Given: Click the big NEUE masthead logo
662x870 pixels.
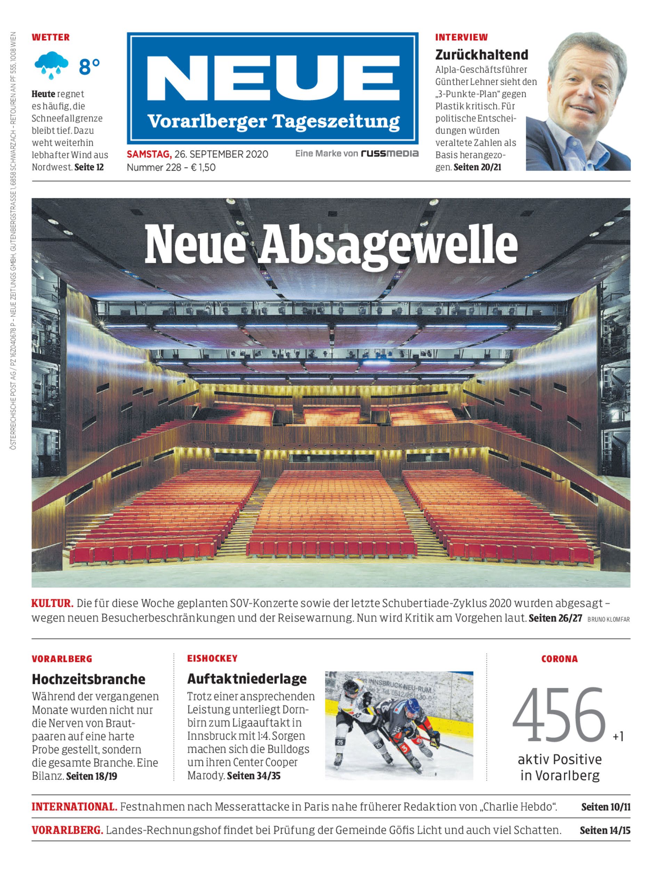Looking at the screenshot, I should [272, 75].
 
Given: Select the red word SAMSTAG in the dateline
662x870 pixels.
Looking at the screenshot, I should [148, 154].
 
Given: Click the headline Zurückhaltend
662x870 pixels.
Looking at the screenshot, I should [482, 54].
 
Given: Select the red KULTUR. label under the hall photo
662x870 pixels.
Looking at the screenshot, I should [53, 603].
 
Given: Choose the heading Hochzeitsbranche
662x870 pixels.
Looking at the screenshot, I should [88, 679].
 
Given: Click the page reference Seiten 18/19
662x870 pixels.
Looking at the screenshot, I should [91, 776].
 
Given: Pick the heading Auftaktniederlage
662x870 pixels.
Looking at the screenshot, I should [247, 679].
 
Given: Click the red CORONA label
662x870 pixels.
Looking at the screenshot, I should [559, 659].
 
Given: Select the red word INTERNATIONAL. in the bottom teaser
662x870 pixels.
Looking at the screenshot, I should [74, 807].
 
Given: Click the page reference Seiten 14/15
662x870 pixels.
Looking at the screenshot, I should [605, 830].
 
